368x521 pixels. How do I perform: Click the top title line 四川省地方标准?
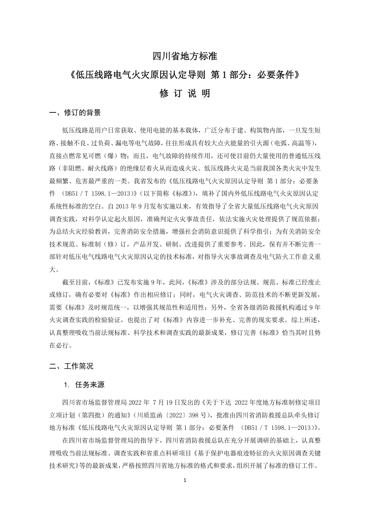point(184,56)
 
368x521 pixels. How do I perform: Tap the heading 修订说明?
point(184,93)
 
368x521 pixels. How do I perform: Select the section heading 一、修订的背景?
point(75,113)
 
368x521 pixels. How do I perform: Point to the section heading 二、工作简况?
point(71,366)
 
